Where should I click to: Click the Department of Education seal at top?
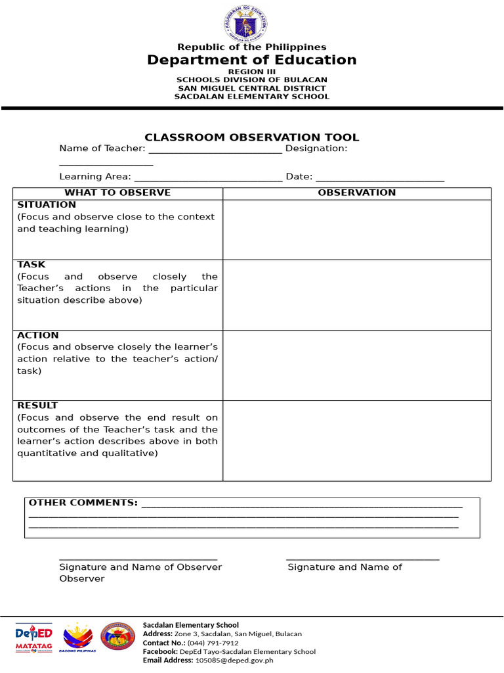[x=251, y=24]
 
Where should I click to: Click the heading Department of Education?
[x=251, y=60]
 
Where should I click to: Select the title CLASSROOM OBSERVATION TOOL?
[x=251, y=137]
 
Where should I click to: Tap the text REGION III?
[x=251, y=72]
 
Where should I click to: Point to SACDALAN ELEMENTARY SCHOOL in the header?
[x=251, y=97]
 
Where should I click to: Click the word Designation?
[x=316, y=149]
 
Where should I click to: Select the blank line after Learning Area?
[x=208, y=177]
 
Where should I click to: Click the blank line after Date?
[x=380, y=177]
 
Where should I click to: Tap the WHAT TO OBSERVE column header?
[x=117, y=193]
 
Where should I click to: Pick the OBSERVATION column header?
[x=356, y=193]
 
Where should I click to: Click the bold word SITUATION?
[x=47, y=205]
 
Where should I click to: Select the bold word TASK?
[x=31, y=264]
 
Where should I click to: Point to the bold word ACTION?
[x=38, y=335]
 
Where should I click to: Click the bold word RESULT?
[x=37, y=406]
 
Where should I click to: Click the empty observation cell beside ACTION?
[x=356, y=365]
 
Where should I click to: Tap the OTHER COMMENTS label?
[x=83, y=503]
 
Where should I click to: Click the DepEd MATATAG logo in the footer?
[x=33, y=638]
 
